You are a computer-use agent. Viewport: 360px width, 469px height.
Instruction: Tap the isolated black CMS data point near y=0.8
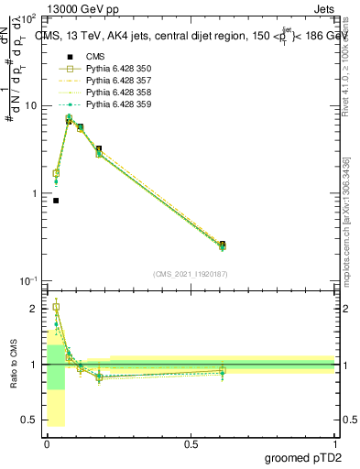coord(56,201)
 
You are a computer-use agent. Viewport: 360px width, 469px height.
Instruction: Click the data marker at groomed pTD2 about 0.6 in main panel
coord(223,245)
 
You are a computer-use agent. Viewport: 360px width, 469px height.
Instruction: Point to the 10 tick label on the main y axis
coord(30,105)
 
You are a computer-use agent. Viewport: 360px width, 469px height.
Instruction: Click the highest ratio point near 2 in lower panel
coord(56,307)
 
